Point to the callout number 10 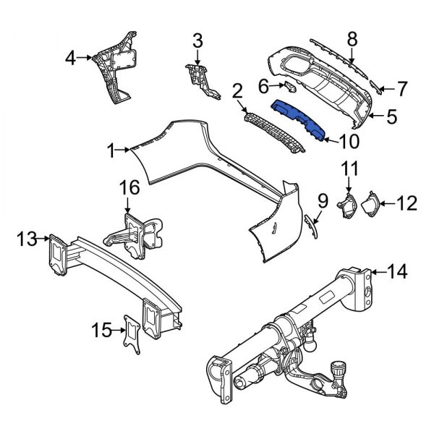(x=346, y=139)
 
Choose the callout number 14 (x=397, y=272)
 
